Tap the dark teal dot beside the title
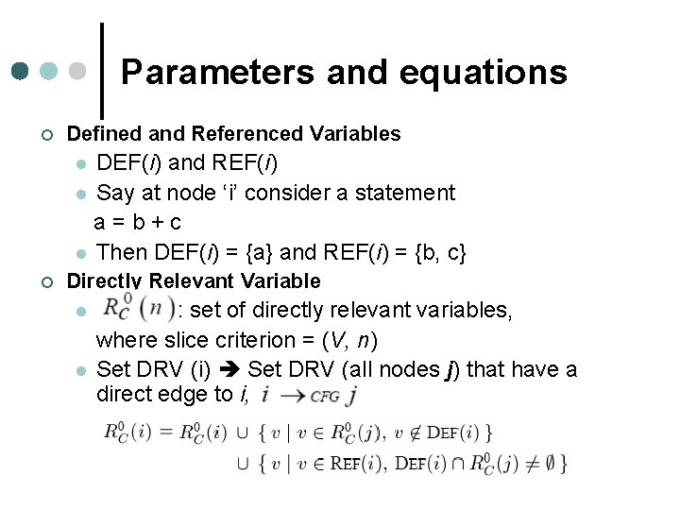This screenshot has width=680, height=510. click(21, 72)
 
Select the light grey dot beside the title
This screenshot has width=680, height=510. click(79, 72)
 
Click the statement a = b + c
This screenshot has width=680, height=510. click(138, 223)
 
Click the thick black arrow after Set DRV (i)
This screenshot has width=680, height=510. click(229, 368)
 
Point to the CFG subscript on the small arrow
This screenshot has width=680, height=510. click(325, 397)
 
